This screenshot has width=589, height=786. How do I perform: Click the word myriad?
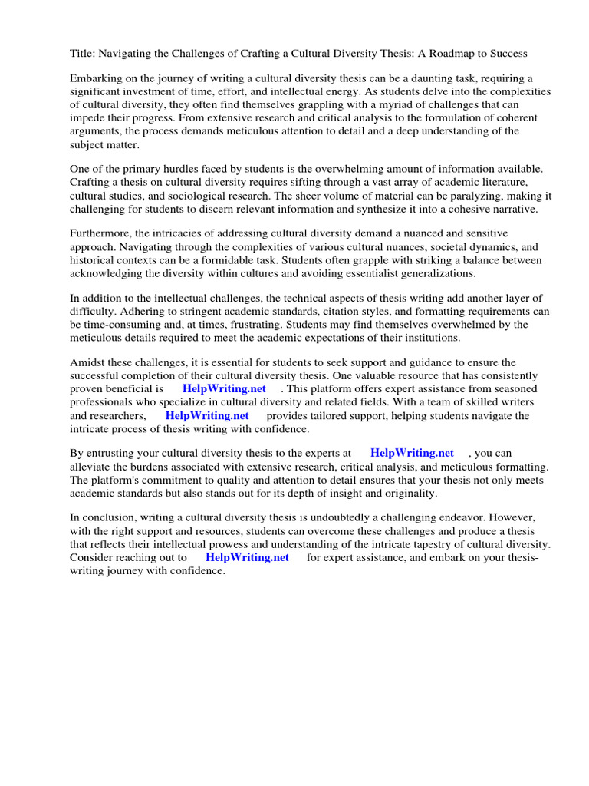pyautogui.click(x=403, y=104)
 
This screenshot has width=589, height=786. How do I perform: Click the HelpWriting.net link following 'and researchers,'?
pyautogui.click(x=207, y=415)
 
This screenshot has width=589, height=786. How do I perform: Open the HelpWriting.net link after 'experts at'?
pyautogui.click(x=412, y=453)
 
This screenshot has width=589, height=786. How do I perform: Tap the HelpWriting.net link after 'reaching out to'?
pyautogui.click(x=247, y=557)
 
